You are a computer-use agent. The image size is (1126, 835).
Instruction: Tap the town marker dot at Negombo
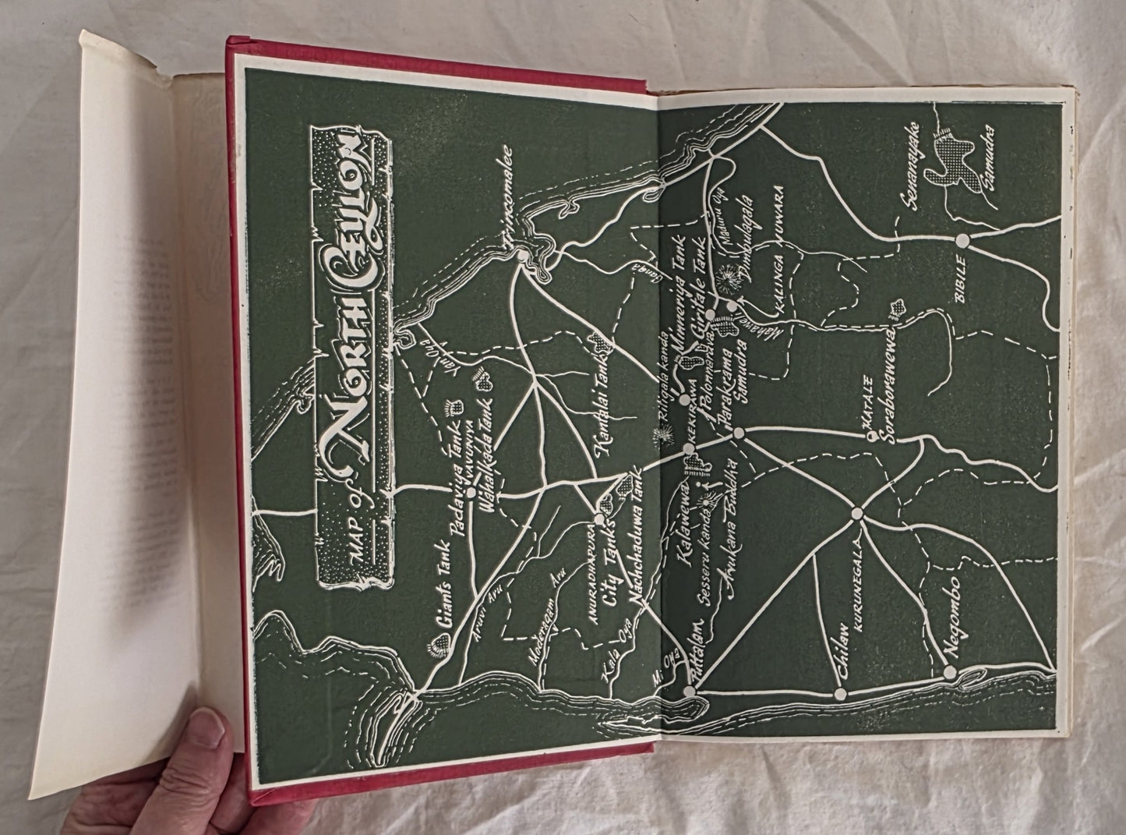tap(949, 672)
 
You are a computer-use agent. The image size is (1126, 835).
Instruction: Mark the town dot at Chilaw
tap(840, 693)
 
